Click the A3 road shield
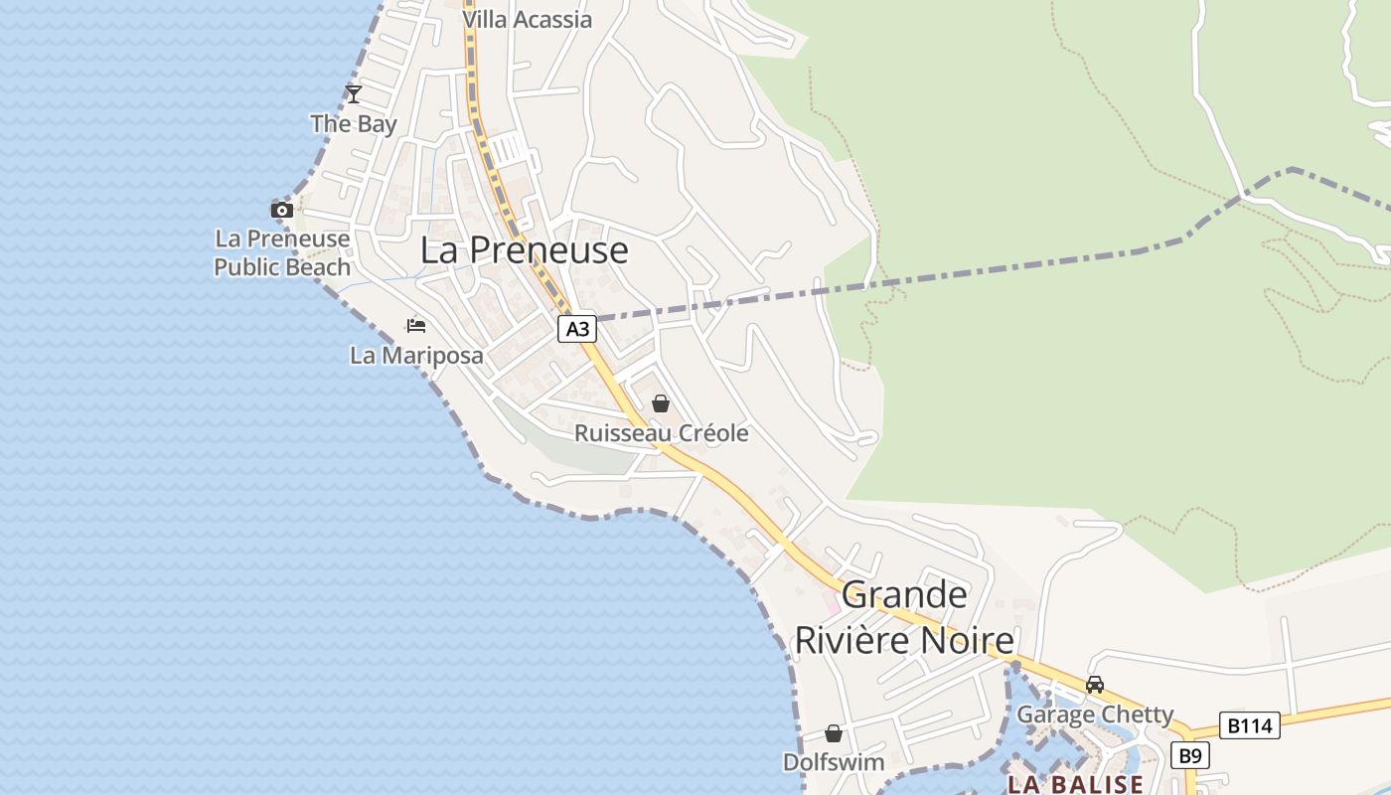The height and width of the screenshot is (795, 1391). [577, 329]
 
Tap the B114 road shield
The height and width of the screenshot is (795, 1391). [1249, 725]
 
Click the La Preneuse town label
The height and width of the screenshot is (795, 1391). [524, 250]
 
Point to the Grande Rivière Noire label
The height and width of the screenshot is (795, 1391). [904, 617]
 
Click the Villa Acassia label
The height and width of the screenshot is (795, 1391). [527, 19]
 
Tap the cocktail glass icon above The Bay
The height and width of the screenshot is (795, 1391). [353, 94]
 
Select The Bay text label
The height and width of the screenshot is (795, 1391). [353, 124]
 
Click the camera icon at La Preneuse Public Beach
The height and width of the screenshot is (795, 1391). [282, 210]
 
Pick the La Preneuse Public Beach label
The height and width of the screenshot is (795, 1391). [282, 252]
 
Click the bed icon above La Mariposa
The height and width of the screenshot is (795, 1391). [416, 326]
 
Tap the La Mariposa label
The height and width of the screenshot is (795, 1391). [416, 355]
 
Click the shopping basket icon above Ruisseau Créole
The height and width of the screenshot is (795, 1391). [661, 403]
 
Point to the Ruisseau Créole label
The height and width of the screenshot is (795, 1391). [661, 433]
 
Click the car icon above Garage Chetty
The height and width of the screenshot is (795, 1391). [1094, 685]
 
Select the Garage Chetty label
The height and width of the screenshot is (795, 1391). [1094, 715]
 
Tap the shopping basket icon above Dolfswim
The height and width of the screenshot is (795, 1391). [834, 733]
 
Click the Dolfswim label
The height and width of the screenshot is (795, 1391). [834, 762]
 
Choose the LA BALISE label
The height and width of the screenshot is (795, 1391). [1075, 784]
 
